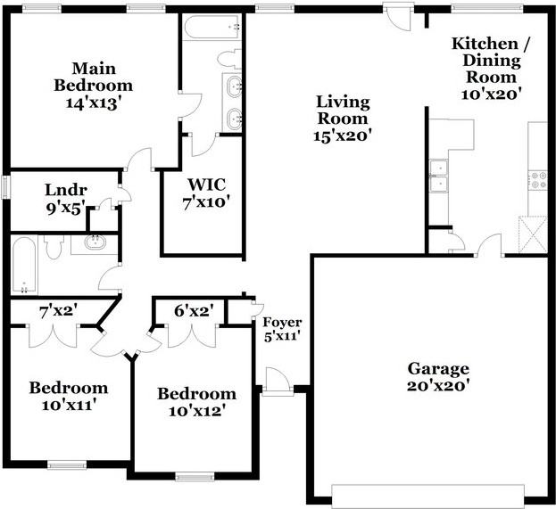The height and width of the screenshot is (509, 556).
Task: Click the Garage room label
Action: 438,369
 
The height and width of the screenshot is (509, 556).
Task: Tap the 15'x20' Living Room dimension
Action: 342,135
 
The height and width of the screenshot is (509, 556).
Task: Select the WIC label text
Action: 206,185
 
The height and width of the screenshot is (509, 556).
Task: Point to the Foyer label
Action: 282,323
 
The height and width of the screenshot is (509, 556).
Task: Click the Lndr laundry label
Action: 66,190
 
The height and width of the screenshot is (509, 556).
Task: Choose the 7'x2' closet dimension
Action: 58,312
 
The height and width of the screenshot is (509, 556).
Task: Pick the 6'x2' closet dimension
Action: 194,310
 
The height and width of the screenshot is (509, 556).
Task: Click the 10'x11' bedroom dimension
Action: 69,405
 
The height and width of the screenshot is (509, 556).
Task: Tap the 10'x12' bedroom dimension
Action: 197,411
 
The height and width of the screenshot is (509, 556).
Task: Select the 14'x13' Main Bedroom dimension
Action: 94,103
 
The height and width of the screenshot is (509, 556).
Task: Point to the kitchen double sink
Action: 438,176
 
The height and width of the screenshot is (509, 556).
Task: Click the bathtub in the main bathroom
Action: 212,28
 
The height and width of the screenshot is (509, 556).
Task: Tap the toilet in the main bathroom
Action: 229,59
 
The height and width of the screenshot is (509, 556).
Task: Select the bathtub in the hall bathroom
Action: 24,265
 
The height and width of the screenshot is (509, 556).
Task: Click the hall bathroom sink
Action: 95,242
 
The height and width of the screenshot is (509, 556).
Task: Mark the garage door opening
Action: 427,492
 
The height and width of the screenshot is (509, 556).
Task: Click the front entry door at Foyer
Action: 278,382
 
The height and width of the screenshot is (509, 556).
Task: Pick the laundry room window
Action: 6,187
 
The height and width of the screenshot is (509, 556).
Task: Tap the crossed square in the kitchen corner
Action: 533,234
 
